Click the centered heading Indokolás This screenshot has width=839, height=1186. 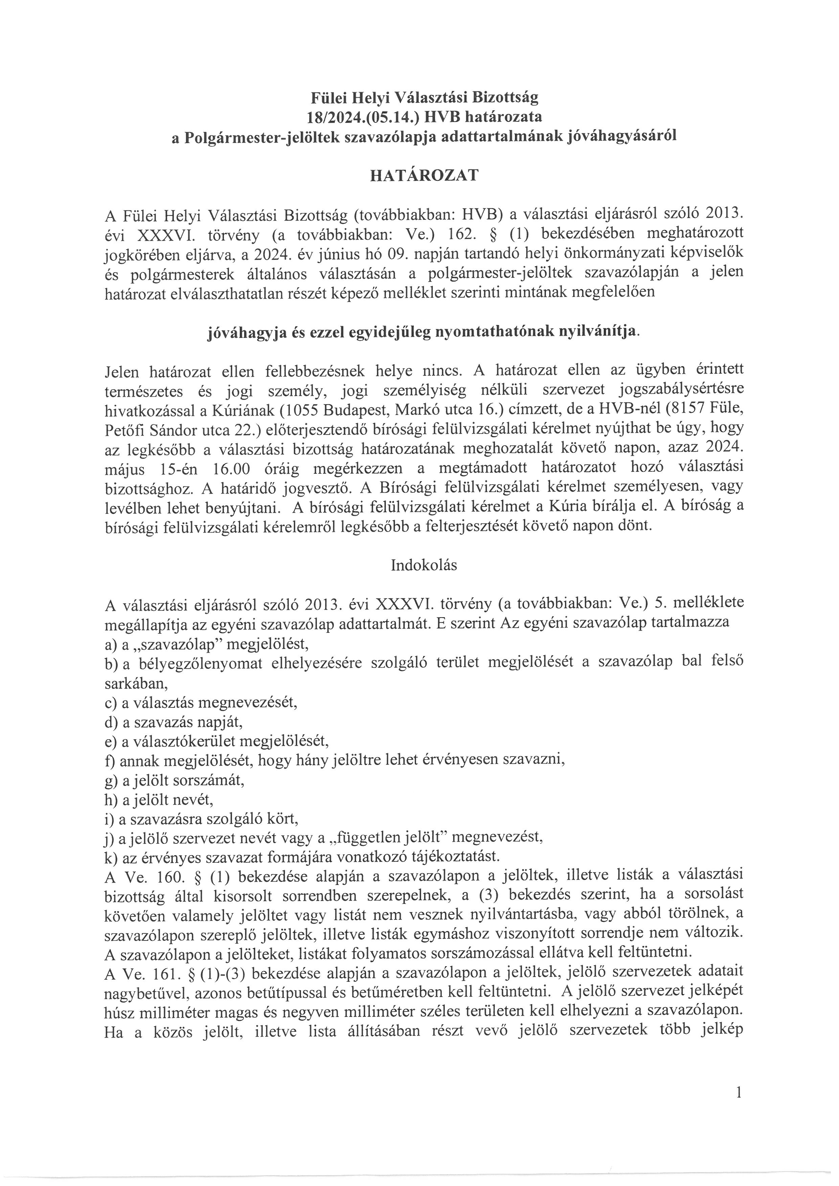click(x=424, y=565)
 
